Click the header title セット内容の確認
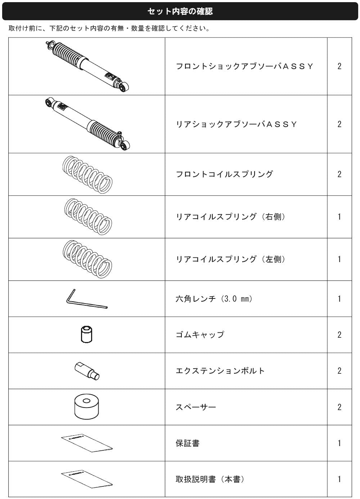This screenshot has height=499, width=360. [180, 11]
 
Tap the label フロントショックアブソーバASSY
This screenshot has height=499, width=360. [244, 66]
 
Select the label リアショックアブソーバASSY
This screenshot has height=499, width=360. [236, 124]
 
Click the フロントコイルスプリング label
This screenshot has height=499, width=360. [224, 174]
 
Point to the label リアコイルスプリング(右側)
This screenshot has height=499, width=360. [231, 216]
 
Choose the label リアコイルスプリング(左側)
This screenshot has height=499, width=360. [231, 259]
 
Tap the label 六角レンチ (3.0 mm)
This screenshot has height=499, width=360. [214, 298]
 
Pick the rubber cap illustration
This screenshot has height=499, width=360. [86, 334]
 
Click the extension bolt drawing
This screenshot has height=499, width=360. [87, 371]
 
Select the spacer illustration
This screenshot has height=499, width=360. [86, 407]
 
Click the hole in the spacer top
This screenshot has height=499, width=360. [86, 401]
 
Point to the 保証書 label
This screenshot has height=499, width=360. [187, 443]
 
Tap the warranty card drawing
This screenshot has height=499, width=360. [87, 443]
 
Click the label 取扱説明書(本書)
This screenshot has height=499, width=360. [210, 479]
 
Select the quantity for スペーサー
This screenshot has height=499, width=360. [339, 407]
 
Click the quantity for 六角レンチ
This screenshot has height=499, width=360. [339, 298]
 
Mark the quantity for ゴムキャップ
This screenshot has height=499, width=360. [339, 334]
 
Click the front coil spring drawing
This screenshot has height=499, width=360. [87, 175]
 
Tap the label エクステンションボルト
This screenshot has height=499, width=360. [220, 371]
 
